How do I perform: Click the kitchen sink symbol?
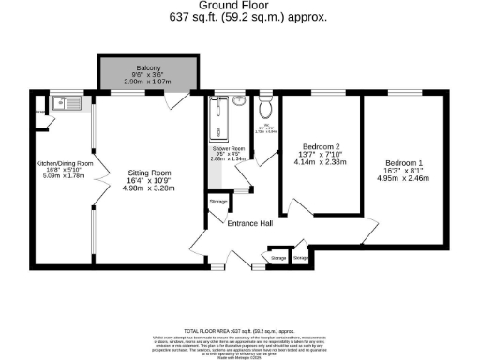(x=67, y=104)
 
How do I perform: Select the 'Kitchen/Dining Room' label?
(x=64, y=164)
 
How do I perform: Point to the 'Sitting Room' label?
(x=148, y=172)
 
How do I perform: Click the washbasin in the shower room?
(x=241, y=100)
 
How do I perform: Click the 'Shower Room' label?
(x=228, y=149)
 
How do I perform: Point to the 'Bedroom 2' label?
(x=321, y=146)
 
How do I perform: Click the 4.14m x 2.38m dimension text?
(x=321, y=161)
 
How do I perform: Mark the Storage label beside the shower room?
(x=217, y=202)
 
